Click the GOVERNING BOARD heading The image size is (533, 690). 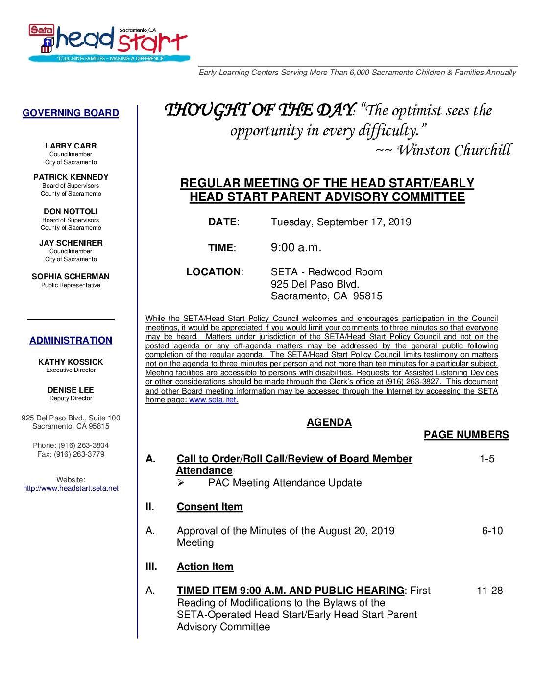coord(71,113)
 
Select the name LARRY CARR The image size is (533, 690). coord(71,146)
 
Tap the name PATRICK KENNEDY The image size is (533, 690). coord(71,177)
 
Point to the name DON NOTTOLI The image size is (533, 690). coord(71,212)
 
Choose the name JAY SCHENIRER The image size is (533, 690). coord(71,243)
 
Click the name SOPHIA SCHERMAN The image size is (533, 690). coord(71,277)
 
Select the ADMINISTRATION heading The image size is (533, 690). coord(71,340)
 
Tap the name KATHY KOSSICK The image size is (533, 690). coord(71,362)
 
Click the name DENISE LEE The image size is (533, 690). coord(71,390)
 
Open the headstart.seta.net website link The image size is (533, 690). coord(71,488)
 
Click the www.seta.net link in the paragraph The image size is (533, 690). coord(213,400)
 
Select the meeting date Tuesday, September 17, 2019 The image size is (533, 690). coord(341,222)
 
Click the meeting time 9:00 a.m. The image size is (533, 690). coord(296,247)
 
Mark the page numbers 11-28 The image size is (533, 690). coord(489,591)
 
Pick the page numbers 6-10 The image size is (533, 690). coord(492,531)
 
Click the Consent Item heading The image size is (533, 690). coord(210,507)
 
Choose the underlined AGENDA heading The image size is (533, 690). coord(329,422)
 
